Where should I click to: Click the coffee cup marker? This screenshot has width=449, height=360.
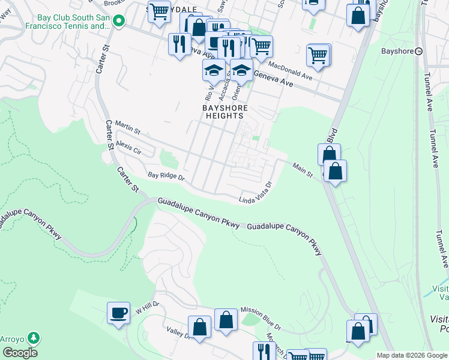coord(118,313)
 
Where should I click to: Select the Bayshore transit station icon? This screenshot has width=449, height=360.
coord(418,51)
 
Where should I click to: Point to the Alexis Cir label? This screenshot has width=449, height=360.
coord(128,148)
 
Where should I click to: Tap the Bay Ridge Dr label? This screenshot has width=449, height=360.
coord(166,177)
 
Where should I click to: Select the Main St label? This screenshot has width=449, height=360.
coord(303,170)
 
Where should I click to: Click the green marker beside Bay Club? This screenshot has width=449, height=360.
coord(119,21)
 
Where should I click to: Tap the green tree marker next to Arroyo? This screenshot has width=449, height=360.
coord(35,338)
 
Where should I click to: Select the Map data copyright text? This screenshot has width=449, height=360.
coord(411,355)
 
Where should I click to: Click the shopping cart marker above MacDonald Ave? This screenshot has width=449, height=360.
coord(318,55)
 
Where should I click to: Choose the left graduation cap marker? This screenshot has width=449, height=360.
coord(214,71)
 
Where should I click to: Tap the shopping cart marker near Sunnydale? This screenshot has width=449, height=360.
coord(159,11)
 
